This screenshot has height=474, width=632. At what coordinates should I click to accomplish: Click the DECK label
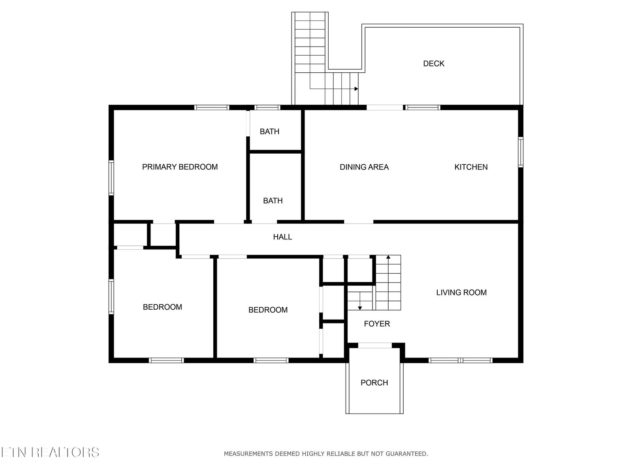433,64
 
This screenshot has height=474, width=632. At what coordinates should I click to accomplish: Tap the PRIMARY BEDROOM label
180,167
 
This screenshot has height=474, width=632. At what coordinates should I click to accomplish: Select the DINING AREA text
364,167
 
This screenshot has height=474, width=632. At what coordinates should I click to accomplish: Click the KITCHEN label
471,167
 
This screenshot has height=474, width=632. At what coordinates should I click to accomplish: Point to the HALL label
282,237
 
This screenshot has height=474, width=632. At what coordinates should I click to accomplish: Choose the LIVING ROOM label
461,292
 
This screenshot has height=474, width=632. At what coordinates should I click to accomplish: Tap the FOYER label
376,324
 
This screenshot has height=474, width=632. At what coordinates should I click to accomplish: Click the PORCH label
374,382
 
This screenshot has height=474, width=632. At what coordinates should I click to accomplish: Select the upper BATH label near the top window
269,132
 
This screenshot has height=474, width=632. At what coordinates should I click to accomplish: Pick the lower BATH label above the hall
273,201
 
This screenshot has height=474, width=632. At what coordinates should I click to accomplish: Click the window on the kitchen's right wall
521,152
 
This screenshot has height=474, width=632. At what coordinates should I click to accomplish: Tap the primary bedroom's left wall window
111,178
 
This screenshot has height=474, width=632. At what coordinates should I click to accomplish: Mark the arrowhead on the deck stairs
356,88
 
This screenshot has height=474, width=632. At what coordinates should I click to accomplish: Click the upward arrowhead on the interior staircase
388,257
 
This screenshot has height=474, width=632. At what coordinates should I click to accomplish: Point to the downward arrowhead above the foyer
359,308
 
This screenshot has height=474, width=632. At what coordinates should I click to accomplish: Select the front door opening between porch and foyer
375,345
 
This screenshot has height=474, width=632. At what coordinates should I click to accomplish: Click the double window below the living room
461,360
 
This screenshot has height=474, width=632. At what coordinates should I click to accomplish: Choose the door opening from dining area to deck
385,107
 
